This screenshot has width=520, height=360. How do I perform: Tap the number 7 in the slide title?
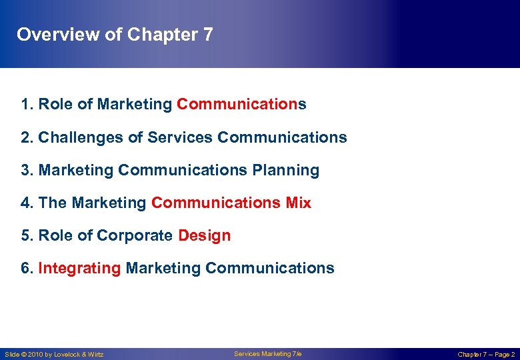207,35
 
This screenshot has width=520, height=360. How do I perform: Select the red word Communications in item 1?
241,105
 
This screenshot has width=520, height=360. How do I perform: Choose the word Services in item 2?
180,137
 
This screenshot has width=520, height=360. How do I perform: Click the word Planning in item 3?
285,170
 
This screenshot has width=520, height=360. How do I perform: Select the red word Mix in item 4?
298,203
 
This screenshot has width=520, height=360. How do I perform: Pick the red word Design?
204,235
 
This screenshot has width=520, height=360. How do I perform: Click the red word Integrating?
79,268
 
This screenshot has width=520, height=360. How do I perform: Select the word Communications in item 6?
269,268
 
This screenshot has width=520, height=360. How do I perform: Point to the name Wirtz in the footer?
95,355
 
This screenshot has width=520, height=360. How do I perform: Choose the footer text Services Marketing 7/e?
263,354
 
